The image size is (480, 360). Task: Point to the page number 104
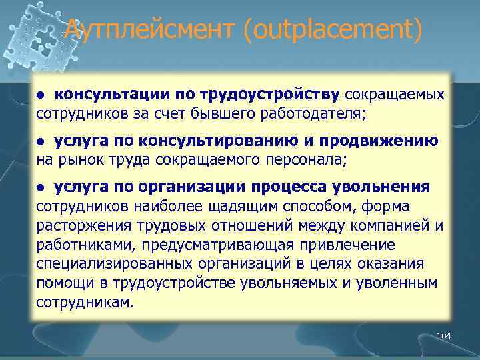(x=443, y=337)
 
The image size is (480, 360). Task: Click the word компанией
(x=387, y=226)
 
